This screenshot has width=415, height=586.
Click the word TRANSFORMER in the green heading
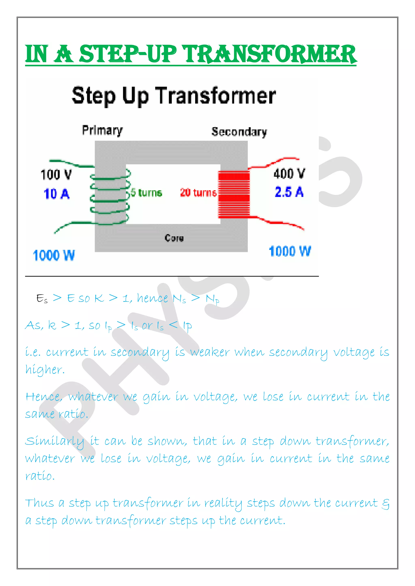click(270, 54)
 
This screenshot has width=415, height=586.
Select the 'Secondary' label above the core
click(239, 132)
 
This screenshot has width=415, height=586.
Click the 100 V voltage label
click(56, 175)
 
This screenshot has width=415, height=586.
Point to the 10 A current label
click(57, 194)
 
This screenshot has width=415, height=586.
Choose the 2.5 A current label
click(289, 192)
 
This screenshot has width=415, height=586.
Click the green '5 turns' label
click(147, 192)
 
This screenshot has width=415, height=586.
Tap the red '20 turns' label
click(198, 192)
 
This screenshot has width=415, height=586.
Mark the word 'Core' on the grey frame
click(174, 238)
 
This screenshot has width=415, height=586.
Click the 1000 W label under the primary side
click(54, 255)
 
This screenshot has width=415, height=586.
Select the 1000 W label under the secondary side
click(290, 251)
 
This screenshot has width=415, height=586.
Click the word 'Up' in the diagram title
click(135, 97)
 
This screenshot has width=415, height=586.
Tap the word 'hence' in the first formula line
click(152, 298)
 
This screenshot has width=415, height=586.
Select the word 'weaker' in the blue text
click(210, 352)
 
